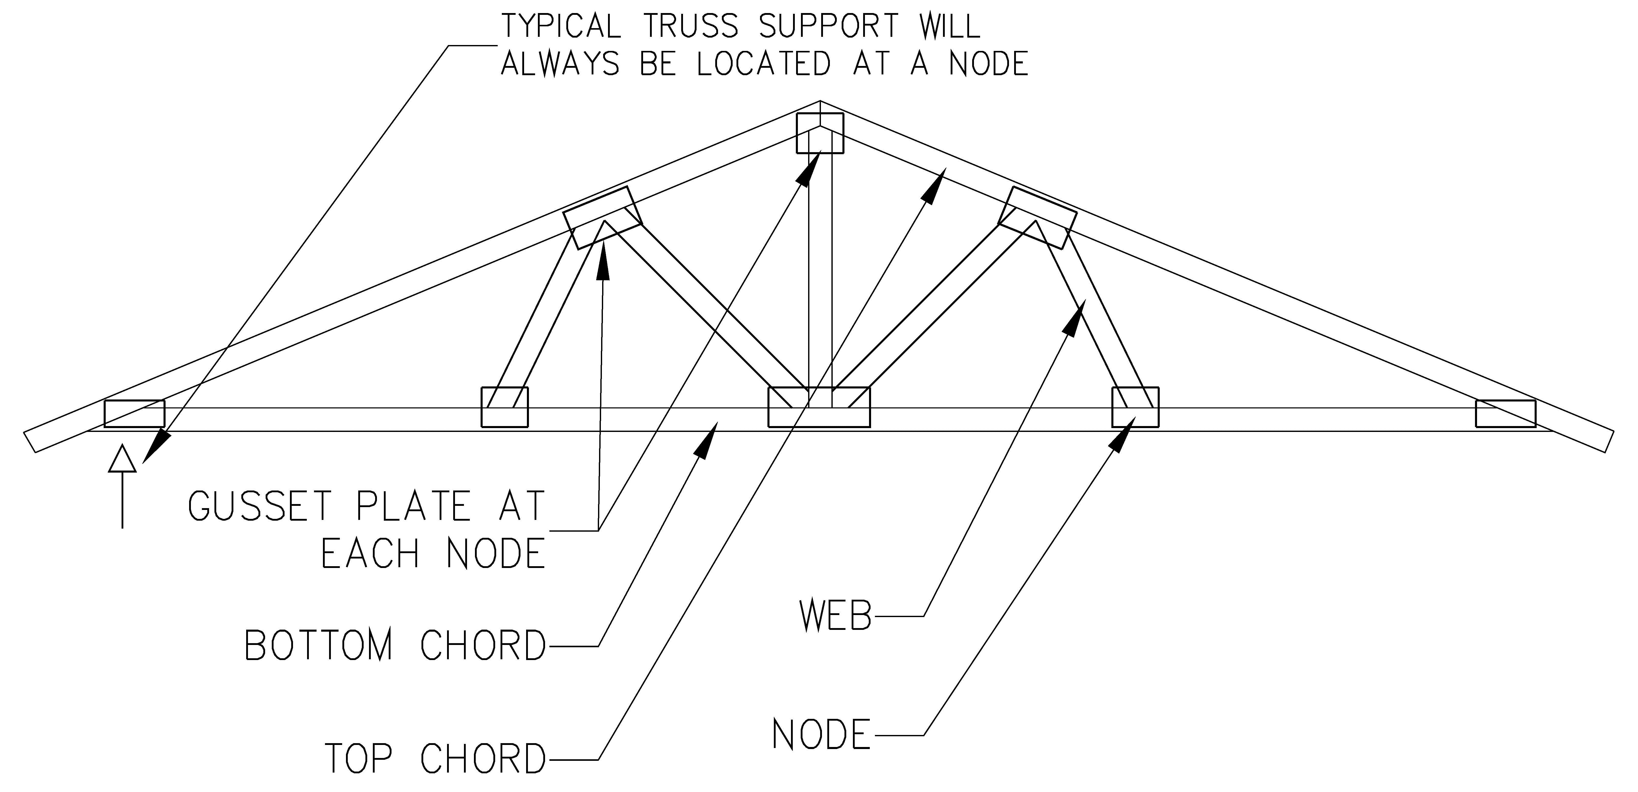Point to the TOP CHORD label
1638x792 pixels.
tap(436, 758)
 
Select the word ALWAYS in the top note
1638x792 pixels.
tap(560, 64)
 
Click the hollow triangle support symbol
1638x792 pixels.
tap(122, 459)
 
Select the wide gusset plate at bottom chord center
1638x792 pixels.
tap(819, 407)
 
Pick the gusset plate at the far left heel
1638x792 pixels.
tap(134, 413)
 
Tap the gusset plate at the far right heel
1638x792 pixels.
tap(1505, 413)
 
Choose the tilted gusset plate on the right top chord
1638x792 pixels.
tap(1038, 217)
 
